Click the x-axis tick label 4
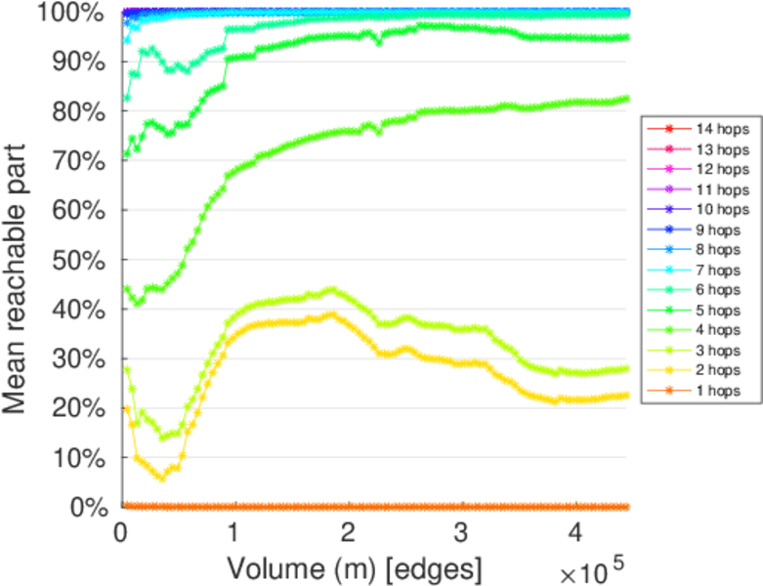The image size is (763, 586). click(574, 534)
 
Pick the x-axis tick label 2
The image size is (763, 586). click(349, 534)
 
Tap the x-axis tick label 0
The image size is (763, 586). click(122, 534)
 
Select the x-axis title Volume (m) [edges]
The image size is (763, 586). click(355, 567)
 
